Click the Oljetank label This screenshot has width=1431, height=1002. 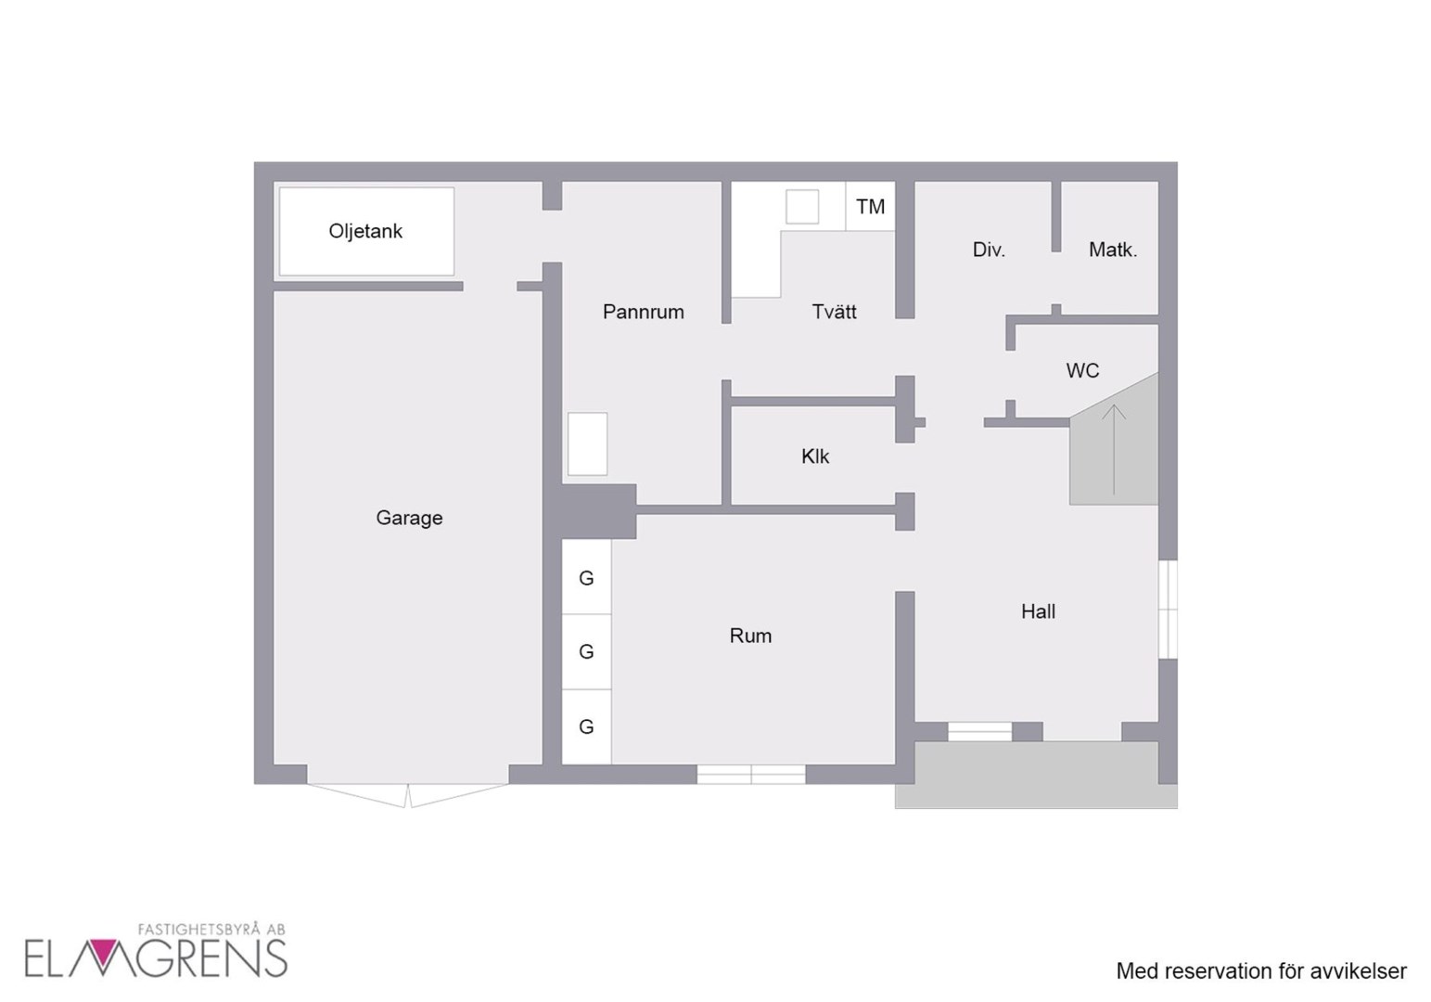pos(365,231)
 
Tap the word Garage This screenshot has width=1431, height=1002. pos(409,518)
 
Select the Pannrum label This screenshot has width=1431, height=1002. pos(644,312)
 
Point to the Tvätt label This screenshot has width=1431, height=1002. pos(835,312)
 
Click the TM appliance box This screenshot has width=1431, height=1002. pos(870,206)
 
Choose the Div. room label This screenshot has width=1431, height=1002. pos(989,250)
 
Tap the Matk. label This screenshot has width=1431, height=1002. pos(1113,250)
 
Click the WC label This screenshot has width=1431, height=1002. pos(1083,370)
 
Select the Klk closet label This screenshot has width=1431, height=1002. pos(815,456)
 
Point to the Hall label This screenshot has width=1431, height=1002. pos(1038,611)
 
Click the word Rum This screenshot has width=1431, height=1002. pos(750,636)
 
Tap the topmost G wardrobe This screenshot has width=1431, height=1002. pos(586,577)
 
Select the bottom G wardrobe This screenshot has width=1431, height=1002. pos(586,726)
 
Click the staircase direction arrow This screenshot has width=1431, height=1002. pos(1114,450)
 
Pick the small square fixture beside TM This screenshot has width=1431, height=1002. pos(802,206)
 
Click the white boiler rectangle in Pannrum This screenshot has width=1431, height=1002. pos(588,444)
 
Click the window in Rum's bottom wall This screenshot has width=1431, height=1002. pos(751,775)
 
